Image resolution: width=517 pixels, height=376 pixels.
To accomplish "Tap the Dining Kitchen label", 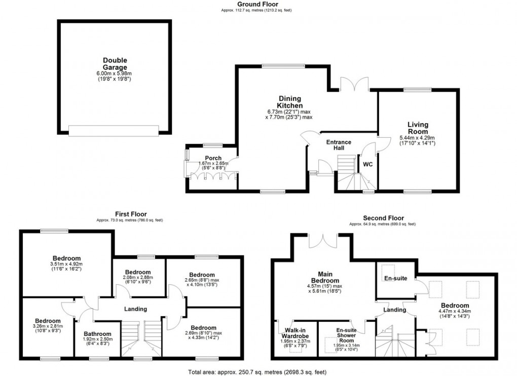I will pyautogui.click(x=289, y=102).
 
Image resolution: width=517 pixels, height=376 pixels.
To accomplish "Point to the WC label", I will pyautogui.click(x=367, y=164).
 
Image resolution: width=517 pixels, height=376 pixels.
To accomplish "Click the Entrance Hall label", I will pyautogui.click(x=339, y=145).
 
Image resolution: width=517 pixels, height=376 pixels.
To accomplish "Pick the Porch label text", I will pyautogui.click(x=213, y=158).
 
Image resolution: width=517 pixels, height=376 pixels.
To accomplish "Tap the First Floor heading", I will pyautogui.click(x=130, y=214).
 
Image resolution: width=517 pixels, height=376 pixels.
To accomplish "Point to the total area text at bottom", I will pyautogui.click(x=258, y=372).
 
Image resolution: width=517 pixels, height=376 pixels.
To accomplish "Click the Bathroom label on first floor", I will pyautogui.click(x=97, y=334).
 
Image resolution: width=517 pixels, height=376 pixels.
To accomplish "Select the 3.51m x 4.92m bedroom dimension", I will pyautogui.click(x=65, y=264).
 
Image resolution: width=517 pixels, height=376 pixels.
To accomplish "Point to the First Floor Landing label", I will pyautogui.click(x=135, y=309).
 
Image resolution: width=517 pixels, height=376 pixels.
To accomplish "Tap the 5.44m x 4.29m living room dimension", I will pyautogui.click(x=418, y=138).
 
